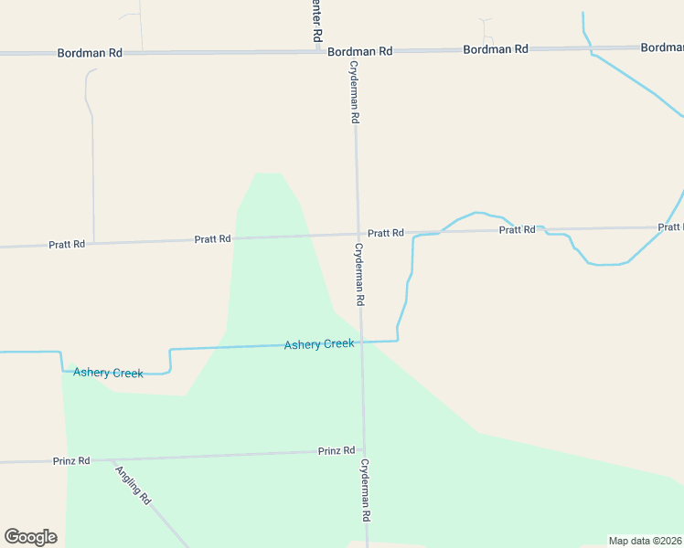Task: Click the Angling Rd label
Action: click(x=134, y=485)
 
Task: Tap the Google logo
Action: click(x=30, y=536)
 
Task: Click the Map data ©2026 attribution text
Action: click(x=644, y=541)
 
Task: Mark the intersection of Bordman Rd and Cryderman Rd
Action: click(x=353, y=51)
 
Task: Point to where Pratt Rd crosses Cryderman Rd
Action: click(x=358, y=234)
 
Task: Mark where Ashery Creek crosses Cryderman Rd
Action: click(x=361, y=342)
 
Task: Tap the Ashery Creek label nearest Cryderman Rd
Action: click(x=318, y=344)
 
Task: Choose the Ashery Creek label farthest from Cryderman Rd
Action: click(x=108, y=373)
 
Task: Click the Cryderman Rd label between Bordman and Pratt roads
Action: click(x=354, y=92)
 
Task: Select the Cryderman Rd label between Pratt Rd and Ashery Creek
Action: click(x=359, y=274)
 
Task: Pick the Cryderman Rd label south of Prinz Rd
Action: click(x=365, y=490)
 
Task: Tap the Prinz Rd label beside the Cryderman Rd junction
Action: click(x=337, y=451)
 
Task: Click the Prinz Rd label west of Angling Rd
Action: click(x=71, y=461)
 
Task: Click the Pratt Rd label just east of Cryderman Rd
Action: click(x=386, y=233)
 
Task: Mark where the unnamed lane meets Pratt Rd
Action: click(x=94, y=243)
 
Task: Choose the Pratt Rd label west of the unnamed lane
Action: click(x=67, y=244)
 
